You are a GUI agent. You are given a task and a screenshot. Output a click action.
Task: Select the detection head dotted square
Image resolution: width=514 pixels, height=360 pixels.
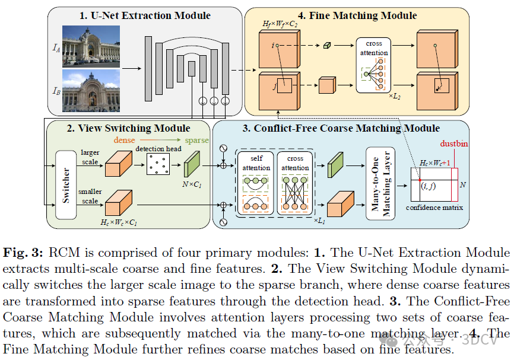coord(158,164)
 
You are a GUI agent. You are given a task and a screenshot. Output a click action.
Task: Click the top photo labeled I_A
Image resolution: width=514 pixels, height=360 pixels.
coord(91,45)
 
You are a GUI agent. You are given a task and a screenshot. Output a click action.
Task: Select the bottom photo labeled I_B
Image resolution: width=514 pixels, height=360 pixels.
coord(91,90)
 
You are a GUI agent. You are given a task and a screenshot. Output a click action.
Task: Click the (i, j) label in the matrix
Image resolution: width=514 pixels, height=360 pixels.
coord(428,186)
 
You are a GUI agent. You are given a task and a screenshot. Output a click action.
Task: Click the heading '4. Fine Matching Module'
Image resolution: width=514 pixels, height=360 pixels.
coord(357,15)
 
